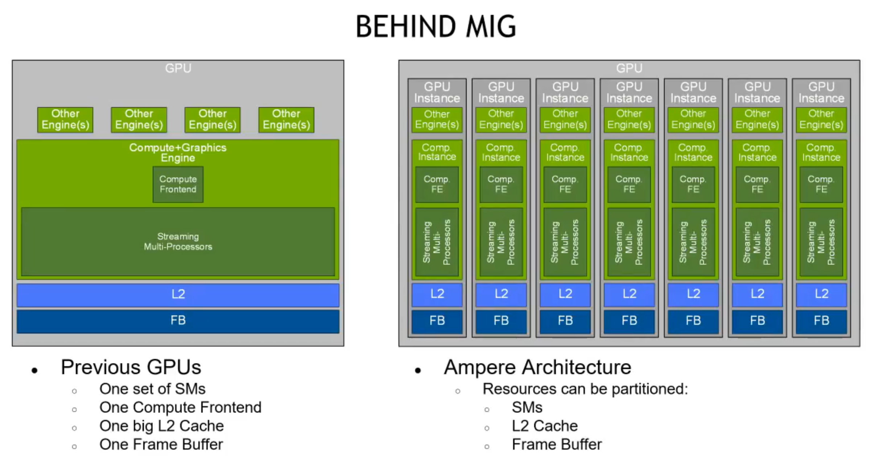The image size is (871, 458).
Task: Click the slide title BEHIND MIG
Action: tap(435, 27)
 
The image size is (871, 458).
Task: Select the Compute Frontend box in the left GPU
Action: tap(178, 184)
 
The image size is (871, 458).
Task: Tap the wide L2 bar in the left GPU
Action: tap(178, 294)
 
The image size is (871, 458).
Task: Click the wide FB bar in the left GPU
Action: tap(178, 321)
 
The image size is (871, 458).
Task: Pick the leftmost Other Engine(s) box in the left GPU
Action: tap(65, 119)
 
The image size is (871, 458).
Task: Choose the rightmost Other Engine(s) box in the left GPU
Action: tap(286, 119)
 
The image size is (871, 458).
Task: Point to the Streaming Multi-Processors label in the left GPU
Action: tap(178, 242)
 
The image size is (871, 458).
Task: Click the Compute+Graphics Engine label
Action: tap(178, 152)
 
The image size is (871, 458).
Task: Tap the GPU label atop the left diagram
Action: tap(178, 68)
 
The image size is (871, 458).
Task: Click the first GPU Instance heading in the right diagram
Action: tap(437, 92)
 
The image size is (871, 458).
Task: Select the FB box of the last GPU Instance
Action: tap(821, 321)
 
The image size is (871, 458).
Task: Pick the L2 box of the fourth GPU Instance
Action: tap(629, 294)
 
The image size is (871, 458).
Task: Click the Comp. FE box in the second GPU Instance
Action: tap(501, 184)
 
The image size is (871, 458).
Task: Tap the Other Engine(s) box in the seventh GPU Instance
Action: tap(821, 119)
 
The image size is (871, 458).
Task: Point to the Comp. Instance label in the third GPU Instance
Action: tap(565, 152)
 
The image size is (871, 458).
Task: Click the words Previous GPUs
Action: tap(131, 367)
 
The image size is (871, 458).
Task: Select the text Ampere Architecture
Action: tap(537, 367)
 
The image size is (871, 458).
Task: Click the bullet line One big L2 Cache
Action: tap(161, 426)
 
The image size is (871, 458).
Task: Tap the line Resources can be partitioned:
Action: tap(585, 389)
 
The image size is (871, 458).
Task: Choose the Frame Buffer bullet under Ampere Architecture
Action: tap(557, 445)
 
